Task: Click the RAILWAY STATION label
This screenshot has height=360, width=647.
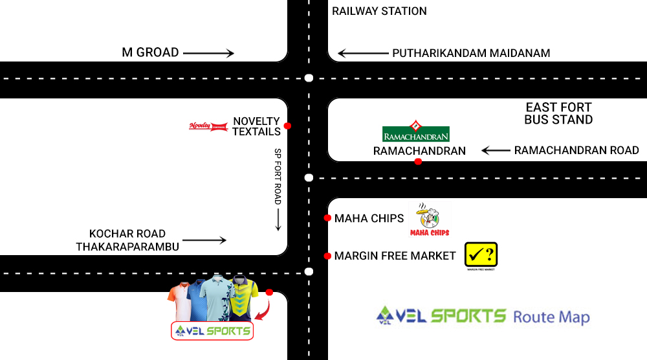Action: pos(379,11)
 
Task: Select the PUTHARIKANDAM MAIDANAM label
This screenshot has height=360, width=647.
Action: pos(471,53)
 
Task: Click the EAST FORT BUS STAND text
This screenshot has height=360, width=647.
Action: pos(559,113)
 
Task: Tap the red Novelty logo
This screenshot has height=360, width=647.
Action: pos(208,126)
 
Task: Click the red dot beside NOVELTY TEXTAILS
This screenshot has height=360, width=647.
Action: pos(287,126)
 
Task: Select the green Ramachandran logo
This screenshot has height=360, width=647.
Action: pos(416,132)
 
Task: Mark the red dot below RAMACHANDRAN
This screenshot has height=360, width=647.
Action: pos(418,161)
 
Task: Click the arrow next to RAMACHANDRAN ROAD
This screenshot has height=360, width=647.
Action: pos(496,151)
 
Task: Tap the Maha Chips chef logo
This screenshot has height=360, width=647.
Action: pos(428,219)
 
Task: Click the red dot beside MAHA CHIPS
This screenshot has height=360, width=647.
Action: pos(327,218)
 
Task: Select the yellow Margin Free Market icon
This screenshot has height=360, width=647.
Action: pos(481,255)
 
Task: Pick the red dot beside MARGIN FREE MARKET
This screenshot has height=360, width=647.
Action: pos(327,256)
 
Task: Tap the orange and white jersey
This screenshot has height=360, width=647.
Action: pos(179,300)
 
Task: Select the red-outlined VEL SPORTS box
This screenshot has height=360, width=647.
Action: pos(212,331)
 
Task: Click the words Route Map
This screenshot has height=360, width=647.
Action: pos(551,317)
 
